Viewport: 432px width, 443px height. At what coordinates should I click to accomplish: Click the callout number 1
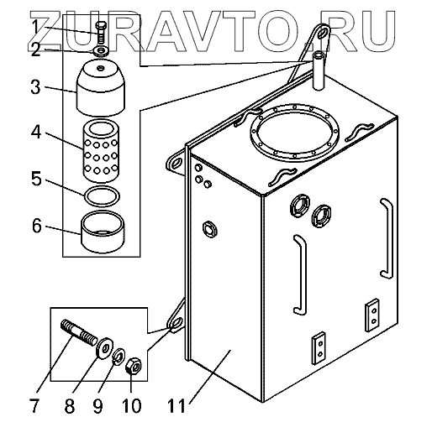[35, 27]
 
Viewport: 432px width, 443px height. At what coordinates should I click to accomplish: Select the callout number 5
[36, 179]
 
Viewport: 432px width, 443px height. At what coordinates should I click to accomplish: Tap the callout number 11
[176, 406]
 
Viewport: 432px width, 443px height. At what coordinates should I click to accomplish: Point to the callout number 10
[132, 406]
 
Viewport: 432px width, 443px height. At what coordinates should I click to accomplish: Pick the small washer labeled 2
[101, 51]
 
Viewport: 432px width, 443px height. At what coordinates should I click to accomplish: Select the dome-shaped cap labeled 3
[101, 87]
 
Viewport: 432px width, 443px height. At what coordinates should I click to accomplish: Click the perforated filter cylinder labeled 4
[101, 151]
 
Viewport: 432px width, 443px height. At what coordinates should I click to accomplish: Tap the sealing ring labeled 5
[102, 196]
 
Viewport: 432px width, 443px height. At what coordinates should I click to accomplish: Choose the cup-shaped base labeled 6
[103, 232]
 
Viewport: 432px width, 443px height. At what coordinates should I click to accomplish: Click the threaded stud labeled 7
[79, 332]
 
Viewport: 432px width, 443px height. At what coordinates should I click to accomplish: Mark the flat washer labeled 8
[105, 348]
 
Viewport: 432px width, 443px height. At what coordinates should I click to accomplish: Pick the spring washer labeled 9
[119, 357]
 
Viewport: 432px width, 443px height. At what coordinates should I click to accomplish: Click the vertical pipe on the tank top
[319, 70]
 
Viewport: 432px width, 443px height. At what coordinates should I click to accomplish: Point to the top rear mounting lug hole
[322, 34]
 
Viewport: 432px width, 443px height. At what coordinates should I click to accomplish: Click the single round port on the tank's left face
[210, 229]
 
